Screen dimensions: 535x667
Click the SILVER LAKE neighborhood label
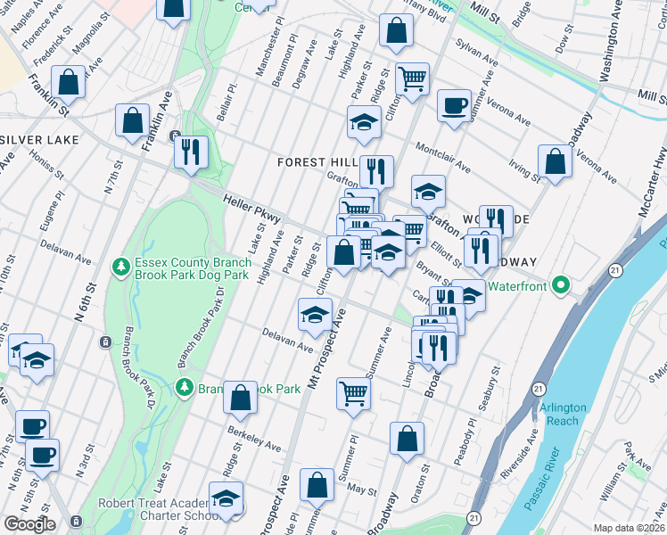pos(40,140)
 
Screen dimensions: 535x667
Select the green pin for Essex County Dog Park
pos(119,266)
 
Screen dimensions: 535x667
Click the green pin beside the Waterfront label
pos(560,285)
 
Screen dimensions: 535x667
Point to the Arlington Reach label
pos(563,413)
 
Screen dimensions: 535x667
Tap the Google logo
pos(29,524)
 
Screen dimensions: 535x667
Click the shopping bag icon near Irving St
pos(555,161)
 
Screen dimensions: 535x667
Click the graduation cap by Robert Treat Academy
pos(226,497)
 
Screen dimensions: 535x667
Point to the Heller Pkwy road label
pos(252,210)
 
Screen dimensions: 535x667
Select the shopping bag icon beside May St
pos(317,485)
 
